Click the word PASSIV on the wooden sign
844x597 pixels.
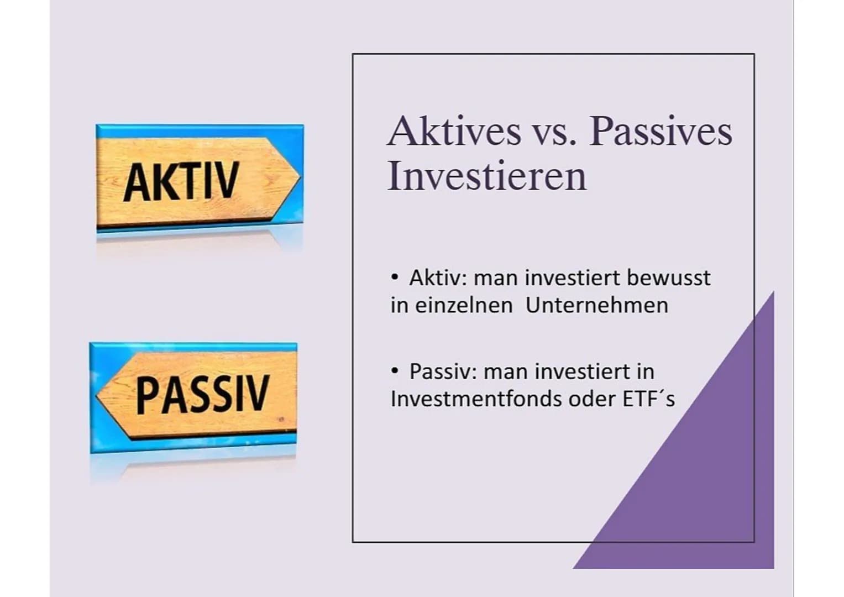[x=202, y=394]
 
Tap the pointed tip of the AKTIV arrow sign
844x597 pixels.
[x=300, y=177]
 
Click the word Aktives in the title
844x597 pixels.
[x=454, y=131]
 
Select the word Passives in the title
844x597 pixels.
[x=661, y=132]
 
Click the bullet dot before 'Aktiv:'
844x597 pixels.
[x=395, y=277]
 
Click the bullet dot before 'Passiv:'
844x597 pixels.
[x=395, y=371]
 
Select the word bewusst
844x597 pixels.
[x=668, y=277]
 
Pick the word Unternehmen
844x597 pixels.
[x=596, y=305]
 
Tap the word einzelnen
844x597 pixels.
[x=464, y=305]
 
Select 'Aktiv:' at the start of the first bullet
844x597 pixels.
[x=438, y=277]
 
